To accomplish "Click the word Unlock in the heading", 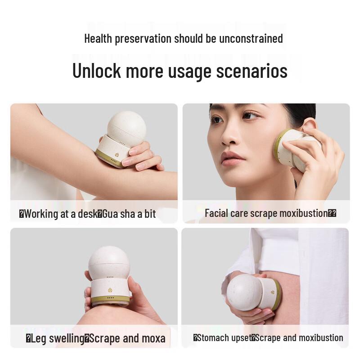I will [96, 72].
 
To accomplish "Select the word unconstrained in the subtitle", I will [251, 38].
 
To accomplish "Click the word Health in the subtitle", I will [98, 38].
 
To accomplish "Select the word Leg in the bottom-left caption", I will [39, 338].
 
